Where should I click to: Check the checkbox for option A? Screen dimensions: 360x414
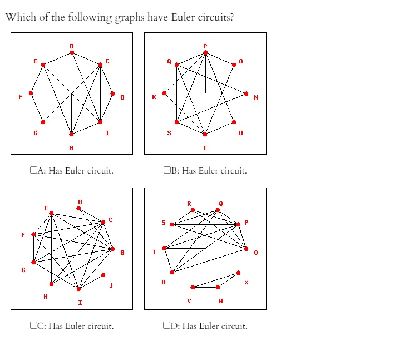click(33, 171)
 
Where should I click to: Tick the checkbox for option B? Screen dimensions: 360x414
click(167, 171)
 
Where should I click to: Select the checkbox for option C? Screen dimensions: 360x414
click(33, 326)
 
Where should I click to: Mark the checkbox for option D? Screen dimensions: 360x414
click(167, 326)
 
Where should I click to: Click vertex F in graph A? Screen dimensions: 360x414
click(31, 93)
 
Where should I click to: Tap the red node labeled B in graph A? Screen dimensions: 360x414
click(112, 93)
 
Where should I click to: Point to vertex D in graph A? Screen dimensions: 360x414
click(71, 52)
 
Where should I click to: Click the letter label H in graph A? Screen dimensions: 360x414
click(71, 147)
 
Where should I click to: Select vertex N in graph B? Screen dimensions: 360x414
click(246, 93)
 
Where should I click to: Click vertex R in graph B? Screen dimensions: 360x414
click(164, 93)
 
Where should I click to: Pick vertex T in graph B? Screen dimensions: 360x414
click(205, 134)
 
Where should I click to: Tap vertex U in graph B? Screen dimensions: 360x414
click(234, 122)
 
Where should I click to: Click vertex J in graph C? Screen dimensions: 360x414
click(103, 275)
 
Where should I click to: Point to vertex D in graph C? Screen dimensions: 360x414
click(78, 208)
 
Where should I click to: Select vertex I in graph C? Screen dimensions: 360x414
click(78, 289)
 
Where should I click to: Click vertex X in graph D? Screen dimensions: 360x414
click(239, 273)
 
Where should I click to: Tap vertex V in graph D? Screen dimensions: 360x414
click(193, 287)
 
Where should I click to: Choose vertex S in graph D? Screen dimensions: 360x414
click(172, 224)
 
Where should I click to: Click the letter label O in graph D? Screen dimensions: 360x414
click(256, 253)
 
